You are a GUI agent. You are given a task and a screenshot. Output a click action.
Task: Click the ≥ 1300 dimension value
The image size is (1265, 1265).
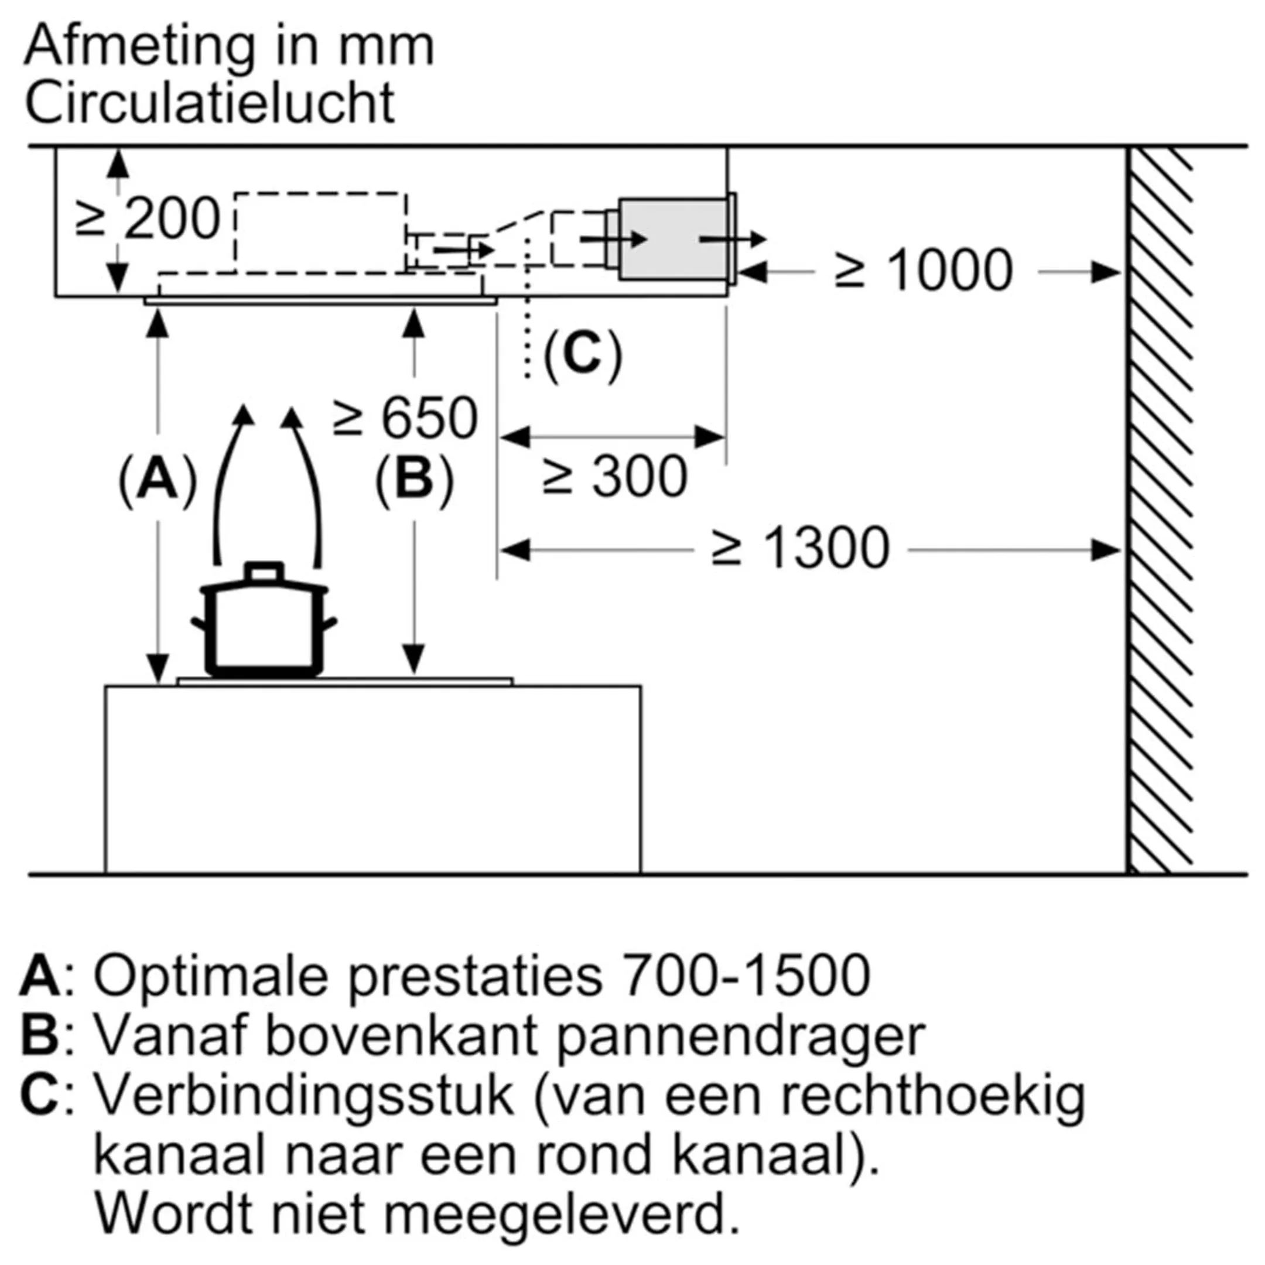(x=800, y=549)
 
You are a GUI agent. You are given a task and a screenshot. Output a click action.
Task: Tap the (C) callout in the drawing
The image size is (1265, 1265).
(x=582, y=355)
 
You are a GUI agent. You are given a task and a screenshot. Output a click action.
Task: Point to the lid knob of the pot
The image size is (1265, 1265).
(x=264, y=572)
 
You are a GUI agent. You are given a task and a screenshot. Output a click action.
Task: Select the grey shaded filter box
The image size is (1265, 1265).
(x=673, y=239)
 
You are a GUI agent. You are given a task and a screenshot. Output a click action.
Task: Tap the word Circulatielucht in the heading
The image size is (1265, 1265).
(x=210, y=104)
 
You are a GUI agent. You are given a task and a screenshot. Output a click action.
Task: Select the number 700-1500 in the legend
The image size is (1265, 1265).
(x=746, y=976)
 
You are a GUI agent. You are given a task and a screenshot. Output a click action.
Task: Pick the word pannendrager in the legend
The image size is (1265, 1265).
(x=740, y=1037)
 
